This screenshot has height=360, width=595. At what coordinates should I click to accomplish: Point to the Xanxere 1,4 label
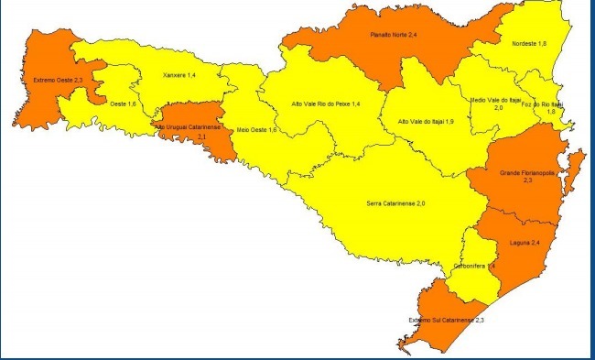click(178, 75)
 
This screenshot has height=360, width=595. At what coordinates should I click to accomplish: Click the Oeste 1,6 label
click(123, 105)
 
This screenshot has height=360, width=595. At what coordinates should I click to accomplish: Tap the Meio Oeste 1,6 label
click(256, 130)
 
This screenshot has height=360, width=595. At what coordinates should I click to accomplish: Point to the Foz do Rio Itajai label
click(550, 104)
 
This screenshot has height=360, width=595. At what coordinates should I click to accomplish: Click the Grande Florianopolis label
click(528, 172)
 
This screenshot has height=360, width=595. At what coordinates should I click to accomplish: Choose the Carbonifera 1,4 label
click(474, 266)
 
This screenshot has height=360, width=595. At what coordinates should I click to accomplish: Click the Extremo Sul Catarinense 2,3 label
click(447, 320)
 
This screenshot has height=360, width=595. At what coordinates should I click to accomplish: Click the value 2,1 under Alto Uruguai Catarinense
click(200, 136)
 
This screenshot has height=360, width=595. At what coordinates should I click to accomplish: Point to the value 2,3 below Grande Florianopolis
click(528, 181)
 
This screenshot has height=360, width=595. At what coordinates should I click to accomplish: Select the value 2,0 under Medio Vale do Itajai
click(499, 108)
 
